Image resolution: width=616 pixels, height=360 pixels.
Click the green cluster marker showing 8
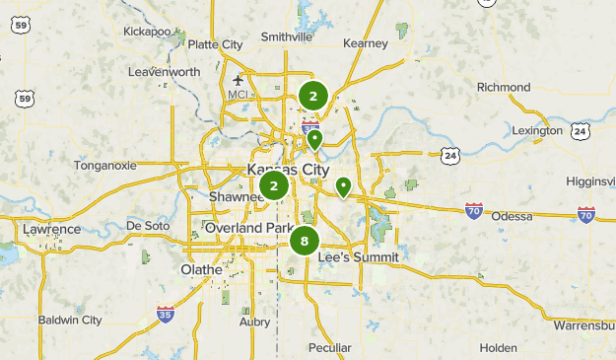(305, 241)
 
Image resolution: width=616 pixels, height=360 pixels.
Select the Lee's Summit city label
(359, 257)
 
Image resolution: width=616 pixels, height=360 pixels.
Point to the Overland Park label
(248, 228)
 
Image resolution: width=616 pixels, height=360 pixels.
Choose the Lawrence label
(52, 230)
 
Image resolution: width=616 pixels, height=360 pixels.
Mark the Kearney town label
(367, 43)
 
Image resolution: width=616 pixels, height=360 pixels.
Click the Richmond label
(503, 88)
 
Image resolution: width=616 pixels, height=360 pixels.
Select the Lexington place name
(537, 130)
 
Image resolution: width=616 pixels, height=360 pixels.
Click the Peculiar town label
(329, 348)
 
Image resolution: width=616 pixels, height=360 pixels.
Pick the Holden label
(498, 348)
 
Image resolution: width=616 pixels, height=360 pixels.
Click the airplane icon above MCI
(238, 80)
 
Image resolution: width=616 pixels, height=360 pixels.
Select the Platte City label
(215, 44)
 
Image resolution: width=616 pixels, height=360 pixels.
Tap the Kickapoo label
(148, 31)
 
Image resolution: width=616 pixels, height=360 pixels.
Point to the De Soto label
(149, 225)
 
